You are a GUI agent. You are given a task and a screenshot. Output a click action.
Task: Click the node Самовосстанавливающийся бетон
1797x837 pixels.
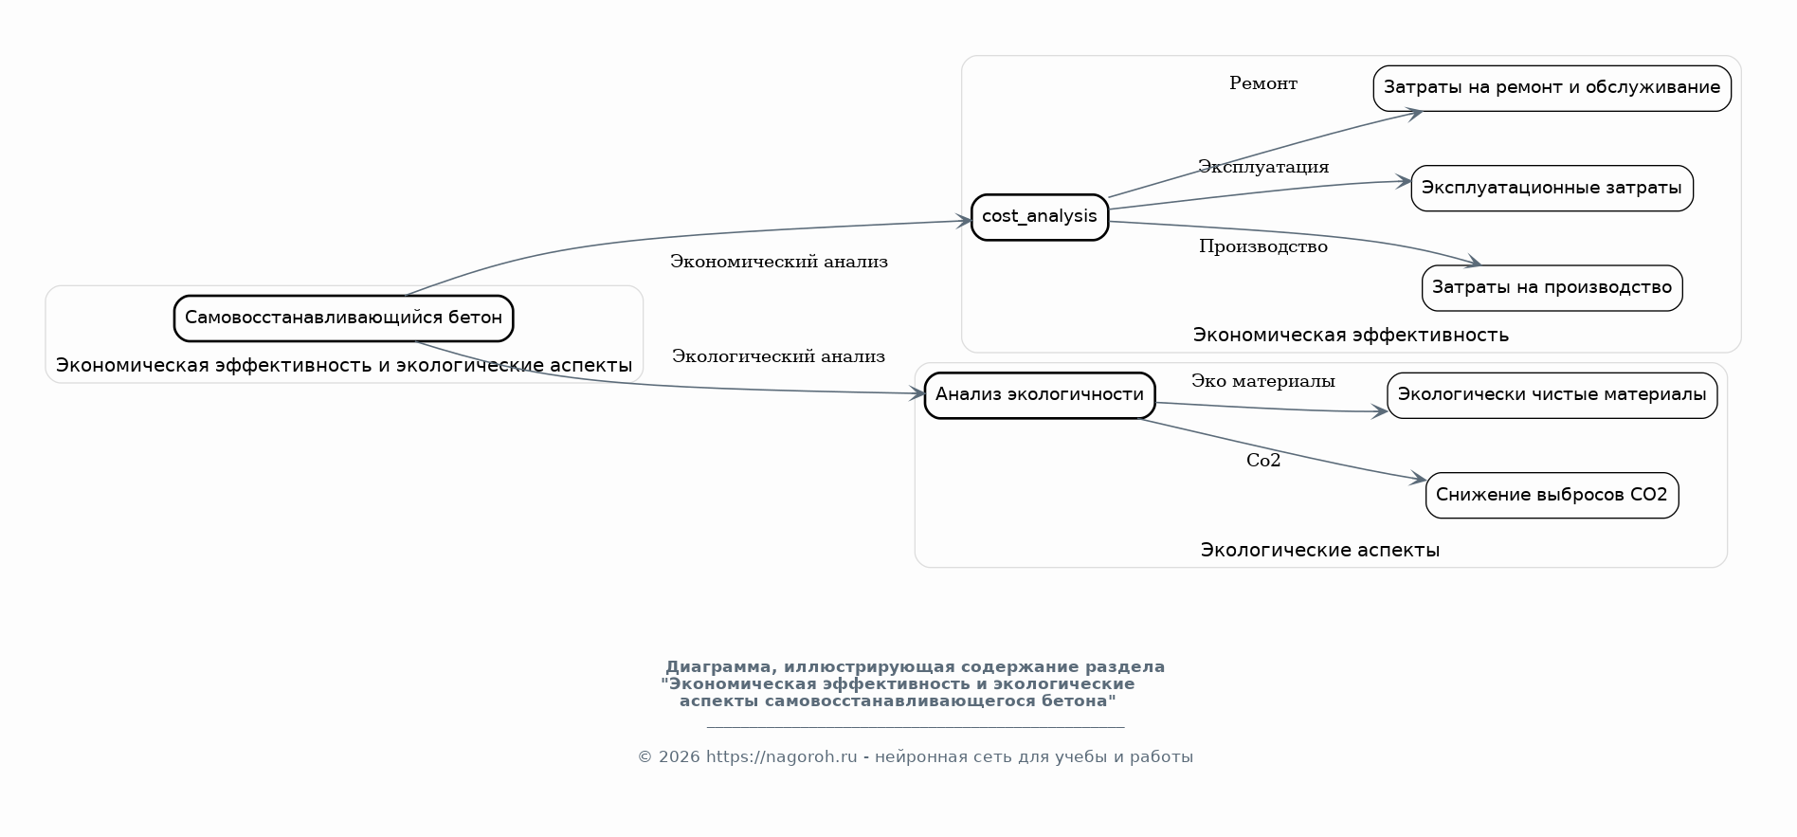[343, 318]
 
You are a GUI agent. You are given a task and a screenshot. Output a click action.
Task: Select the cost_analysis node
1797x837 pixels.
[1039, 217]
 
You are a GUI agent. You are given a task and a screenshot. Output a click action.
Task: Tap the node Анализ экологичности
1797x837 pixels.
[1039, 395]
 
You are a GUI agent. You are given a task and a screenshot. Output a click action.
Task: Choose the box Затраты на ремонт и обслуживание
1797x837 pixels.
[1552, 88]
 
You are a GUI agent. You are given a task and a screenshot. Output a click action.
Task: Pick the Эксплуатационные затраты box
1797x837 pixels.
[1552, 188]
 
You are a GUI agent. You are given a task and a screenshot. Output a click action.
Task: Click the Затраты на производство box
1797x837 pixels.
[1552, 288]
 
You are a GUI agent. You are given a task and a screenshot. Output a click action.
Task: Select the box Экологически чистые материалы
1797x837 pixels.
[1552, 395]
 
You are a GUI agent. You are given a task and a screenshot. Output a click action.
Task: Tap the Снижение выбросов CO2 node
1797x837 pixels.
[1552, 495]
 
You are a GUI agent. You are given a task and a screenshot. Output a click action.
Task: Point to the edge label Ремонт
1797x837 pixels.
[1262, 83]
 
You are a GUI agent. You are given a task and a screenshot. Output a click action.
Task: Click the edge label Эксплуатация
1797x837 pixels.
[1262, 167]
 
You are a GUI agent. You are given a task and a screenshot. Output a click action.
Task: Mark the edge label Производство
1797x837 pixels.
[1262, 246]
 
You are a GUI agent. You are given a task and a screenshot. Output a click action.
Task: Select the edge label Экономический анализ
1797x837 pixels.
[778, 262]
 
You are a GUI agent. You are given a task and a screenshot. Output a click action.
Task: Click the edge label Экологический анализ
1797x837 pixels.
[778, 356]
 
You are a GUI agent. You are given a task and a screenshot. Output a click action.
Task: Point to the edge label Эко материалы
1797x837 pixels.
[1262, 381]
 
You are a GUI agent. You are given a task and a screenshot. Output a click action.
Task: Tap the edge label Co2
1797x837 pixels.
[1262, 461]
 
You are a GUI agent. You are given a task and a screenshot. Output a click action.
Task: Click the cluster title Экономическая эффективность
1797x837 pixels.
[1350, 335]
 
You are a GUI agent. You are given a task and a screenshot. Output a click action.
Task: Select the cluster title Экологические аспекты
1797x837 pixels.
[1319, 550]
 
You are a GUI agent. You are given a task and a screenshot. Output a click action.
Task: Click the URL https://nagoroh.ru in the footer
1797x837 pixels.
[781, 756]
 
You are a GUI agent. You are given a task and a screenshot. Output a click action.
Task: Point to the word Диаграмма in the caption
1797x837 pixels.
[717, 666]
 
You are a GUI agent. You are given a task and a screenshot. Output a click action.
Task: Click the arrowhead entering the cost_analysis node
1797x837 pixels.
[965, 221]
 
